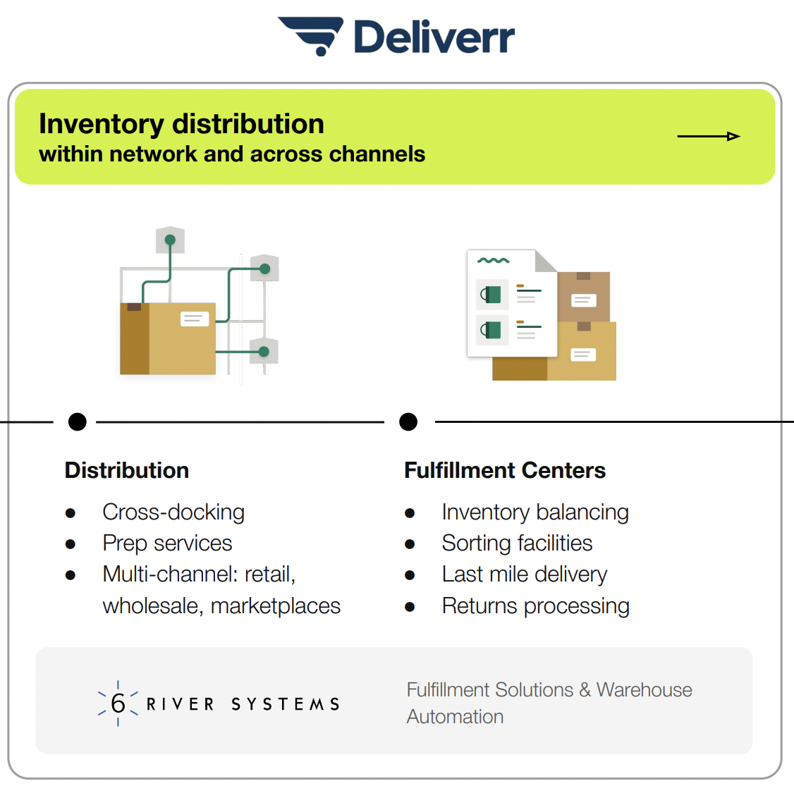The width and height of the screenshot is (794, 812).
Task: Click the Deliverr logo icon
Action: (x=311, y=35)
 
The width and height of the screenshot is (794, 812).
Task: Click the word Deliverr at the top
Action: (x=434, y=37)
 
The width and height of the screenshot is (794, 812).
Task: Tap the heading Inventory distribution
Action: (x=181, y=124)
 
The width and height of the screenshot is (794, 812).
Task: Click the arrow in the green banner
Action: (x=708, y=136)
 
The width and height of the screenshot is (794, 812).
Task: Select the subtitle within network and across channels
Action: (x=232, y=154)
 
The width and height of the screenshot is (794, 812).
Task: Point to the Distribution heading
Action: (x=127, y=470)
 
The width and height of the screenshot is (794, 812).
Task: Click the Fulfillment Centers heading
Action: (x=505, y=470)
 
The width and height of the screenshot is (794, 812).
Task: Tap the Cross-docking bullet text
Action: (x=173, y=512)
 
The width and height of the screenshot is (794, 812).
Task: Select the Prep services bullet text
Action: (x=167, y=543)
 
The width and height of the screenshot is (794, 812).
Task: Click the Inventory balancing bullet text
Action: (x=535, y=512)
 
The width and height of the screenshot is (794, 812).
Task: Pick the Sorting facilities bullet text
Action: (x=517, y=543)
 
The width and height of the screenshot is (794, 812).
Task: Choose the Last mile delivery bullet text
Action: (x=524, y=574)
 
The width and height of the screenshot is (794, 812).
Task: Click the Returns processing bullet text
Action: (x=535, y=606)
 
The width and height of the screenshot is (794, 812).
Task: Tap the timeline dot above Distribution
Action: (x=78, y=422)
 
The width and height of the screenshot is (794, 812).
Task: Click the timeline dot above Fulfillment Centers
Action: (x=408, y=422)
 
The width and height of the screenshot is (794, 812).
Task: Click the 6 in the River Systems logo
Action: (x=118, y=703)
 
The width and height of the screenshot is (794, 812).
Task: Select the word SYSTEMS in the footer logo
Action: (x=286, y=704)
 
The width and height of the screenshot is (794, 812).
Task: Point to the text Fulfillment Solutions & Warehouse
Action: (x=549, y=690)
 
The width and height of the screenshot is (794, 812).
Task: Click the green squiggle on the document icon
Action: (x=493, y=261)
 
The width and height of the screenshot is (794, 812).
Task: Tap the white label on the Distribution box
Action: (x=195, y=319)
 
